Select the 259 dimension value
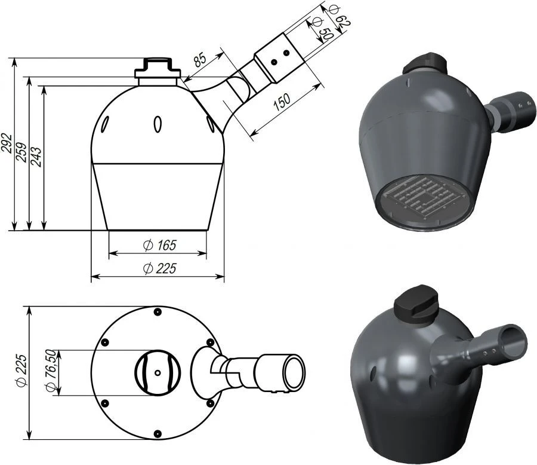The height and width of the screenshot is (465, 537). (21, 154)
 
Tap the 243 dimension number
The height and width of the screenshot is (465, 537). (36, 157)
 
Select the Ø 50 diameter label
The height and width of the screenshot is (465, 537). (325, 28)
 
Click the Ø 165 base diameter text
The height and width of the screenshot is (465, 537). (159, 245)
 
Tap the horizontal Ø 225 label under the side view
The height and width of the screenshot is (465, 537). (159, 269)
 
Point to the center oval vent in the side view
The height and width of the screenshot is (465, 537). (158, 124)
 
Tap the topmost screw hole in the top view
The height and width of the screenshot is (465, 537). (157, 312)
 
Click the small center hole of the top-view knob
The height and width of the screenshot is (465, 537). (157, 372)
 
